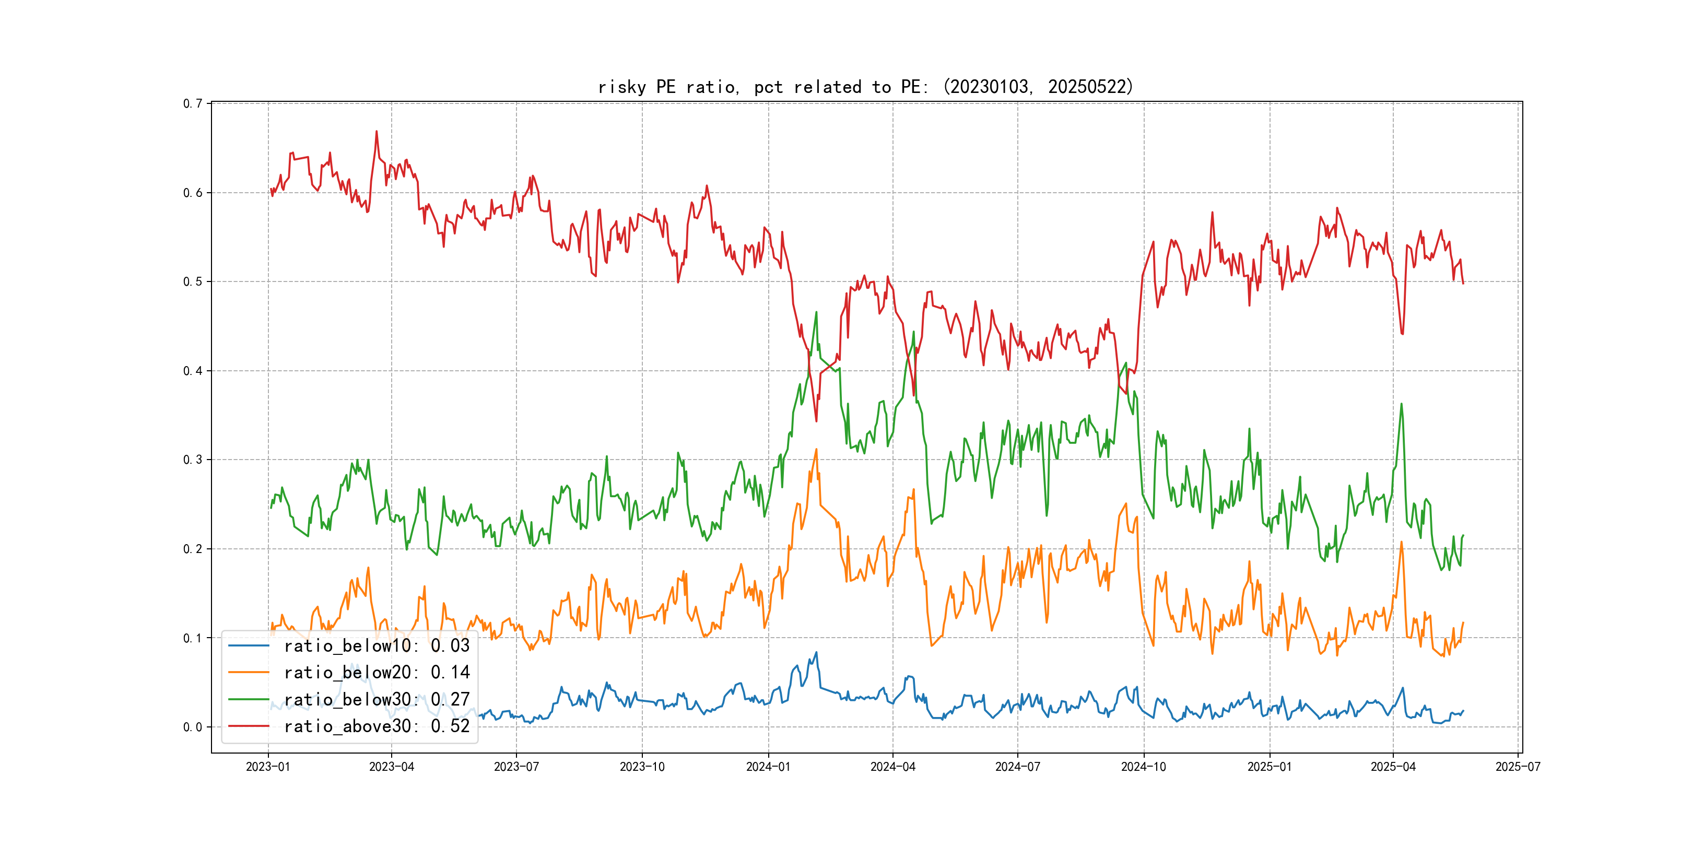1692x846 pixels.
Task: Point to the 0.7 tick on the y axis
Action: (193, 104)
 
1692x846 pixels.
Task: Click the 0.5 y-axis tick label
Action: (193, 282)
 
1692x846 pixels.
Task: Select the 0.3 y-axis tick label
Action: (193, 460)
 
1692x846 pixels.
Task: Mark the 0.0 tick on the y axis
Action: (193, 727)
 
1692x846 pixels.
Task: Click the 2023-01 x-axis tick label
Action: (268, 767)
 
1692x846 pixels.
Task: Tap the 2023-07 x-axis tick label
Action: (516, 767)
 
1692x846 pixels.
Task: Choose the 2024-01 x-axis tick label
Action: (769, 767)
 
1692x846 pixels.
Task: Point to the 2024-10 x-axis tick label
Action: (1144, 767)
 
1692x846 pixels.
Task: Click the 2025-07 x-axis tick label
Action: (1518, 767)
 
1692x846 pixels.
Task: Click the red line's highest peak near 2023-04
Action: (377, 132)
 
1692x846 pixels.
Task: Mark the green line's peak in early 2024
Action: (816, 313)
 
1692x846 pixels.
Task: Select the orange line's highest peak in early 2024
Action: (816, 450)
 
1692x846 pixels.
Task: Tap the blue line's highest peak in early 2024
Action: (816, 653)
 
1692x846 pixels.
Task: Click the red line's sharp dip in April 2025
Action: (1402, 334)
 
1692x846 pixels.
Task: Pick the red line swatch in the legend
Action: (248, 726)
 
